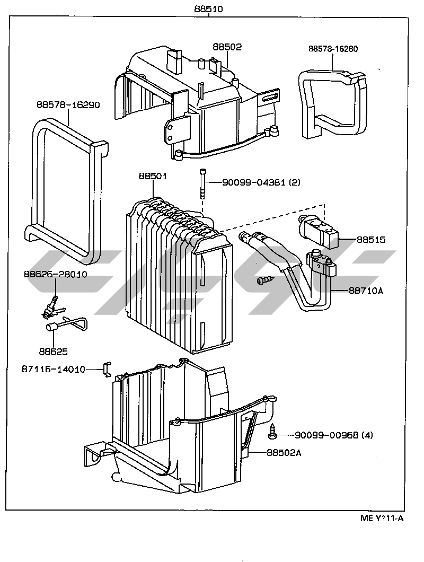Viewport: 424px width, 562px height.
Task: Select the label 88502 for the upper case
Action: [227, 47]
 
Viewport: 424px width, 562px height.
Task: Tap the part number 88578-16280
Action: [333, 49]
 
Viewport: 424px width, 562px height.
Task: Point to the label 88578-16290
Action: [68, 105]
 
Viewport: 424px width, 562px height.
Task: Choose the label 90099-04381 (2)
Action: [261, 182]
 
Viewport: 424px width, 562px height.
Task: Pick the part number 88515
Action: [370, 240]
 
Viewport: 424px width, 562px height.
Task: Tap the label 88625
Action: [53, 351]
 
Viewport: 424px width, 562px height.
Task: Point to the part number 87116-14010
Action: [54, 369]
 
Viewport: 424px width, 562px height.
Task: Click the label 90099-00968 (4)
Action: [334, 435]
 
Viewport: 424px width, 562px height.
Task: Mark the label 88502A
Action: [284, 452]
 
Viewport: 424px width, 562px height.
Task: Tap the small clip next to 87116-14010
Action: [107, 369]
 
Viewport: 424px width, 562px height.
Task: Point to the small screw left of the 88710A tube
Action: [262, 280]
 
